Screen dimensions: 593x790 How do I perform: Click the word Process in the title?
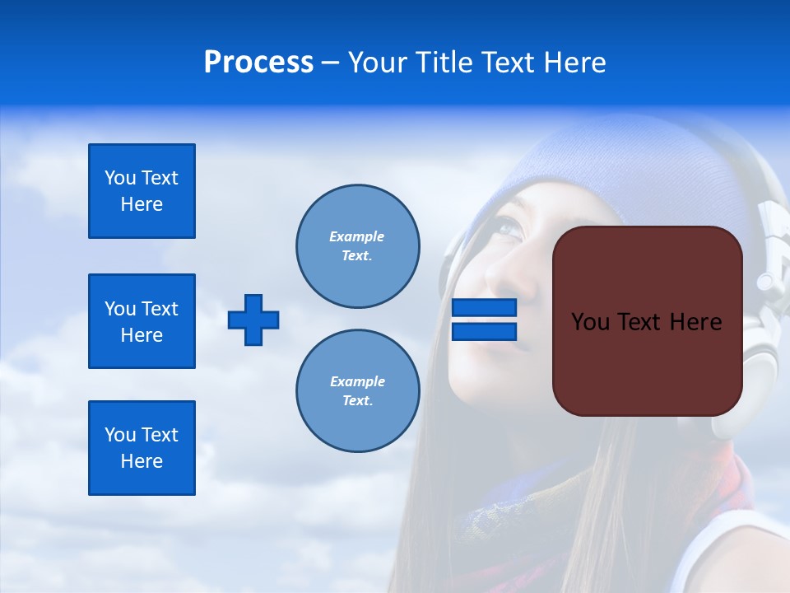[258, 63]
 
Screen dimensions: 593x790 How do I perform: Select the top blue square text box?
[142, 191]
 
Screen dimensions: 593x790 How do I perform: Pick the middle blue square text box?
[142, 321]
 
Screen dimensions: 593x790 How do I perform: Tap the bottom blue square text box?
[142, 448]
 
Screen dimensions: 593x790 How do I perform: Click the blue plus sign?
[253, 320]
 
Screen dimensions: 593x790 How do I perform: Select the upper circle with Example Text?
[357, 246]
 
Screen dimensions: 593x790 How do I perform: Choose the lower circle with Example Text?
[357, 391]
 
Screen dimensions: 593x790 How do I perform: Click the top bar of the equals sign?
[484, 308]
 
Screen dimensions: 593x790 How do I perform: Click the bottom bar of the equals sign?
[484, 331]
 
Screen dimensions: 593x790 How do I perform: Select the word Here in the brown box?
[695, 322]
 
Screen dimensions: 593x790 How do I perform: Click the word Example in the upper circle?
[356, 237]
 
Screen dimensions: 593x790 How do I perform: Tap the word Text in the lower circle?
[356, 401]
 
